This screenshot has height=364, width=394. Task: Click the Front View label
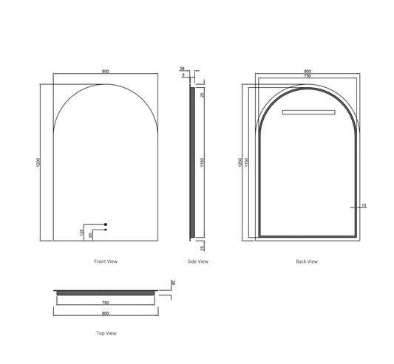(x=106, y=261)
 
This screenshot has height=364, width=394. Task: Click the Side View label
(x=198, y=261)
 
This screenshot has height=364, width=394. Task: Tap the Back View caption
(x=306, y=261)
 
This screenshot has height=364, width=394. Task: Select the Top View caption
(x=106, y=334)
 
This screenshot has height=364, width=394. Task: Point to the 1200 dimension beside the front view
(x=37, y=162)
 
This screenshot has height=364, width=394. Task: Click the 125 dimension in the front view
(x=82, y=232)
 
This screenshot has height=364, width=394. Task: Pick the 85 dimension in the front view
(x=90, y=235)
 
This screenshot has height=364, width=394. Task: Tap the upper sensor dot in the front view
(x=106, y=224)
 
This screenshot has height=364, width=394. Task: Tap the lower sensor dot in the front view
(x=106, y=230)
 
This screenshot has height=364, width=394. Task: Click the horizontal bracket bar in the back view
(x=307, y=112)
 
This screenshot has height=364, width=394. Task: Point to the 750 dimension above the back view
(x=306, y=77)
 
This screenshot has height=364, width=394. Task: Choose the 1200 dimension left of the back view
(x=240, y=162)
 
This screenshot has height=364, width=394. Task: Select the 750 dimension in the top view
(x=106, y=303)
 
